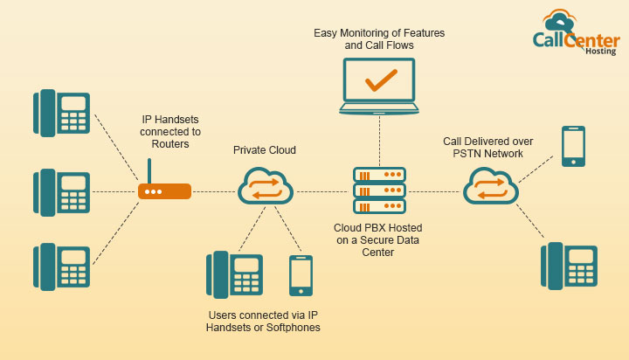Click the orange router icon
164,191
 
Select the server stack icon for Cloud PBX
379,190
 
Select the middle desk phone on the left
62,191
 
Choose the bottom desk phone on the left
62,267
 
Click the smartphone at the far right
573,146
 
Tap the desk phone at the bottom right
569,265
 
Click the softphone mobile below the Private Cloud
300,275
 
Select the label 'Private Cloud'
264,150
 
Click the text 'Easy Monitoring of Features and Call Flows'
379,39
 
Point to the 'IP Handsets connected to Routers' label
171,132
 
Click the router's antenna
149,170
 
